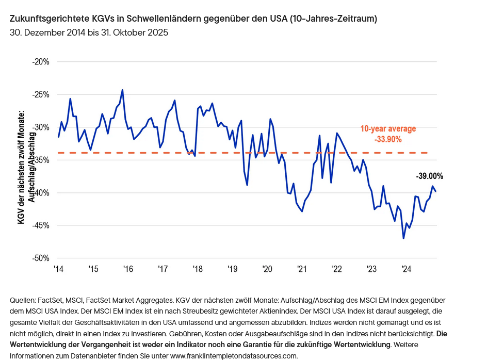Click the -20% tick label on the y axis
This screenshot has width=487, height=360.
point(41,62)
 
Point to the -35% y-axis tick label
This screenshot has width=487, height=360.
point(41,160)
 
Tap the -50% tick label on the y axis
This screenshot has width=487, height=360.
point(41,258)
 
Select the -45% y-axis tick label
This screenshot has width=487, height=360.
point(41,225)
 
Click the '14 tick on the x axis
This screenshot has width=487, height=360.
point(58,269)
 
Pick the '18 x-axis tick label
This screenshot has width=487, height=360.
point(197,269)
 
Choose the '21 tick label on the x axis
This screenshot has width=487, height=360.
point(302,269)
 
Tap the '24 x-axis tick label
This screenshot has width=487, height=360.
point(406,269)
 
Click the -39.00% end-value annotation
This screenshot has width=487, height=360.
point(429,176)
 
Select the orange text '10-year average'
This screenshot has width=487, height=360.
point(388,129)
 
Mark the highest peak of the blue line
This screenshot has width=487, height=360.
point(122,90)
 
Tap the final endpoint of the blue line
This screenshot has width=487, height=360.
point(436,191)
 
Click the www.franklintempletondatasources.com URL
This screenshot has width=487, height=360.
point(234,355)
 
